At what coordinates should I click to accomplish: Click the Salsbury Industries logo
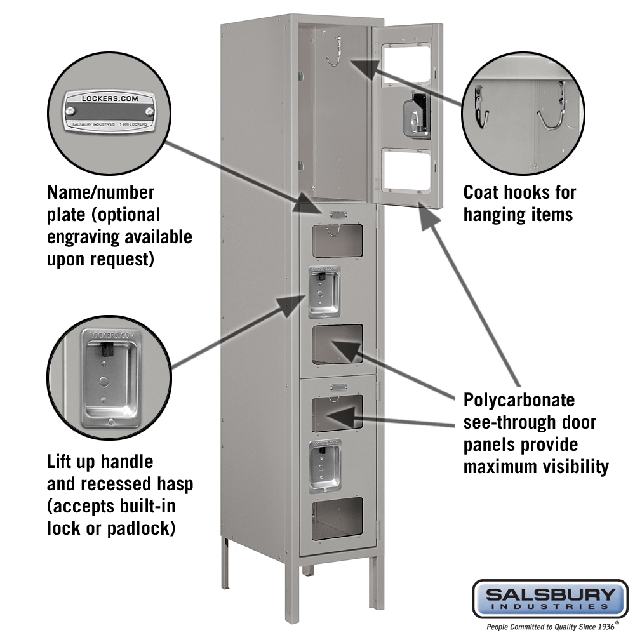(x=550, y=598)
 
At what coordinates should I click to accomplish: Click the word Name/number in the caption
(x=100, y=192)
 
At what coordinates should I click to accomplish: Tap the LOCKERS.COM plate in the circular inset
(x=109, y=110)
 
